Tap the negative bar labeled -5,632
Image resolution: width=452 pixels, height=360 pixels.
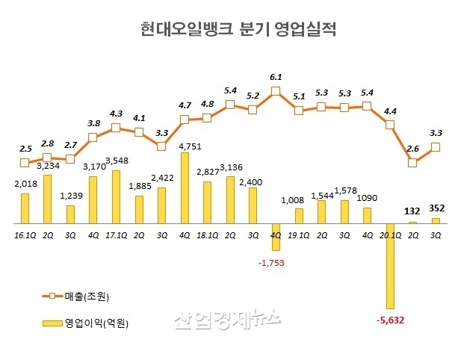tap(389, 266)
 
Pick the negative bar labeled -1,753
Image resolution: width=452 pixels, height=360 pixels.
tap(276, 237)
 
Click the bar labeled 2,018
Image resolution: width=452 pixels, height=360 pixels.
tap(25, 208)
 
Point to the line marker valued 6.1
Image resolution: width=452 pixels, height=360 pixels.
tap(276, 92)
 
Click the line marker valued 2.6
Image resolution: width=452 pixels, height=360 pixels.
tap(412, 161)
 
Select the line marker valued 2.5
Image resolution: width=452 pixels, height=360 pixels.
tap(25, 162)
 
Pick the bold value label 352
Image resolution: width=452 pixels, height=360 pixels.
tap(436, 209)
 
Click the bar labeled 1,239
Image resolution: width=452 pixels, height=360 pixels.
tap(70, 214)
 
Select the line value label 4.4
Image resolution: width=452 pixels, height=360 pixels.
tap(390, 111)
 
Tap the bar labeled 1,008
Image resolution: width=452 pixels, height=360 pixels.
tap(298, 216)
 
